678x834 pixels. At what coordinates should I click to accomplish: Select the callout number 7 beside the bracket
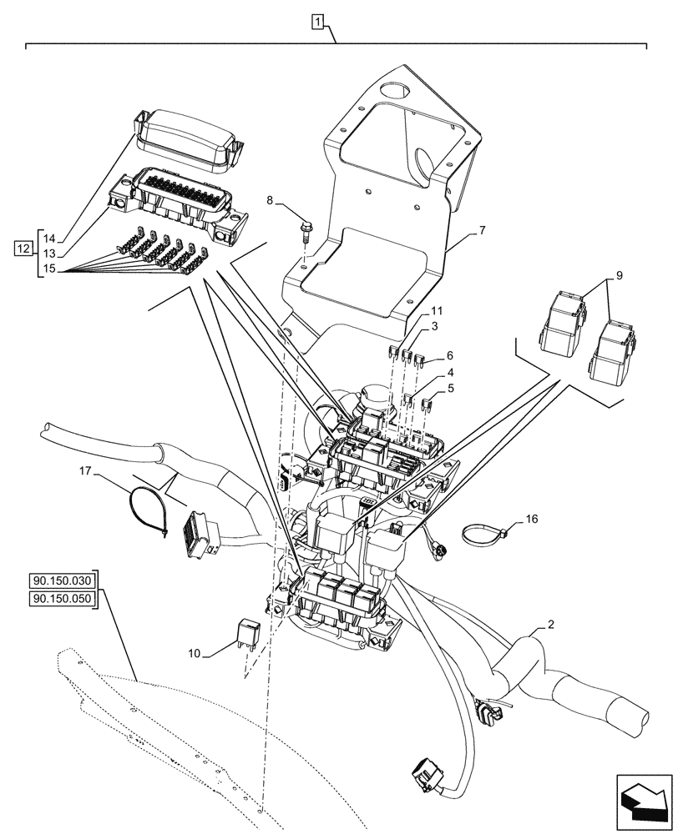483,230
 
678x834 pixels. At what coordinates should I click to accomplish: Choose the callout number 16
533,519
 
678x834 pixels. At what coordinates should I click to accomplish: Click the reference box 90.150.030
63,580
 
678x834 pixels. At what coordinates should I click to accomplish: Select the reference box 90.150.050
63,599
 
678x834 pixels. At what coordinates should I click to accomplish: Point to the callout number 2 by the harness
551,625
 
